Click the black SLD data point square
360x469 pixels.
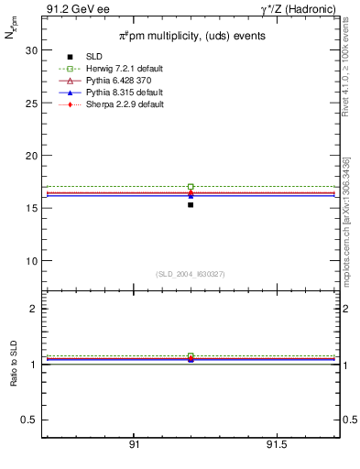point(191,204)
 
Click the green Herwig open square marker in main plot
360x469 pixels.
point(191,186)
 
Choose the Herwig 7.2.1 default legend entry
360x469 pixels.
point(124,70)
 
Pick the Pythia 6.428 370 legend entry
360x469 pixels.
point(121,82)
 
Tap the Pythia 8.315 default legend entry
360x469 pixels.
point(124,93)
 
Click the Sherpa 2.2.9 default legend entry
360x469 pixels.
point(124,104)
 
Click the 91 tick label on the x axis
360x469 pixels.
point(134,444)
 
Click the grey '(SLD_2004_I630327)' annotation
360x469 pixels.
point(191,273)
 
